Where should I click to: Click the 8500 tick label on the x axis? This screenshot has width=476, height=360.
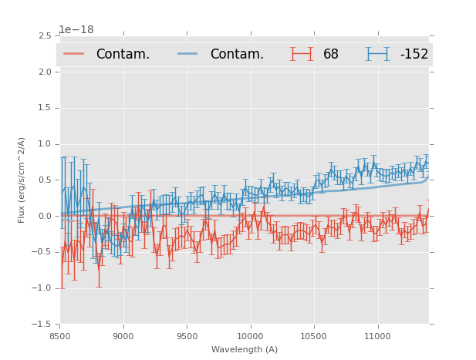click(x=59, y=336)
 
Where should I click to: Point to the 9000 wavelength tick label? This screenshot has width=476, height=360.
click(x=123, y=336)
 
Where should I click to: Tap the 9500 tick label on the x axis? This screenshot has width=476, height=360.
click(x=187, y=336)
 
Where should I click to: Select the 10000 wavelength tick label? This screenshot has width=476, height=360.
click(x=250, y=336)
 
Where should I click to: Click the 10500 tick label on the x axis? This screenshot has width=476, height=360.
click(x=314, y=336)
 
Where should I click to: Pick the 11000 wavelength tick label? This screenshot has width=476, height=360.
click(x=377, y=336)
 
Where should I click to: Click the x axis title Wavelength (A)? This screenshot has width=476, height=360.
click(x=245, y=349)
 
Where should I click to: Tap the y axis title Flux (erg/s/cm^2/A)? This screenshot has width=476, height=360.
click(x=22, y=180)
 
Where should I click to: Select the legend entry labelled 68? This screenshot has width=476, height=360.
click(x=331, y=54)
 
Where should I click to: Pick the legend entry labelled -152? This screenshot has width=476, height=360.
click(x=414, y=54)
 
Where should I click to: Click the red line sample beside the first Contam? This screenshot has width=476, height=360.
click(x=73, y=54)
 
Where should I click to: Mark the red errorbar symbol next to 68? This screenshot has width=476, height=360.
click(x=300, y=54)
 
